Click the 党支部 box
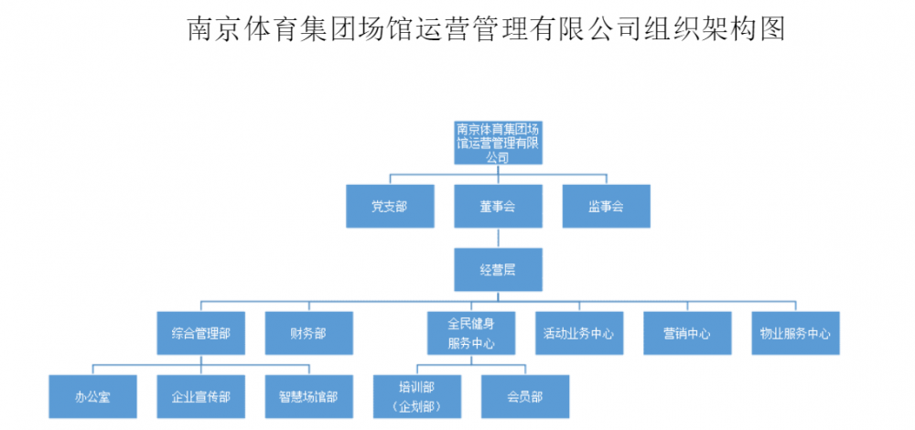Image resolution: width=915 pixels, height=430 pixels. [x=389, y=207]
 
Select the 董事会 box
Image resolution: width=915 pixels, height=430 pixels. [x=497, y=207]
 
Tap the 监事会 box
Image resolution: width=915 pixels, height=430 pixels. [x=606, y=207]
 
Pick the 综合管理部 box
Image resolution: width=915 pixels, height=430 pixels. [x=200, y=334]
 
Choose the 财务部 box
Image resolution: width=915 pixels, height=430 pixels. [x=308, y=334]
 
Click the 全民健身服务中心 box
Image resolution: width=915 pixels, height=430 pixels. [x=471, y=334]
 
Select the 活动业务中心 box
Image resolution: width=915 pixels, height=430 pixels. [x=578, y=334]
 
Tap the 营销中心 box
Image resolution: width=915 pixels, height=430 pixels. [x=686, y=334]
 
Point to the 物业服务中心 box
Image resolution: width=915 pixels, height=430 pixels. [x=794, y=334]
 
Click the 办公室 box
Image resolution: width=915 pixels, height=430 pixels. [x=92, y=397]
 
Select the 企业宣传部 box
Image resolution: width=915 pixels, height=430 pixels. [x=200, y=397]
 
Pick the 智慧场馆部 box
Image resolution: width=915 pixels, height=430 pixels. [x=308, y=397]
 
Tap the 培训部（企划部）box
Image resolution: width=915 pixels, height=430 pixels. [x=417, y=397]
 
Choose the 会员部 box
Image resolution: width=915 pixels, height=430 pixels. [x=524, y=397]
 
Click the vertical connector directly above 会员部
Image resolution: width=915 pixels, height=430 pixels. [x=524, y=370]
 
